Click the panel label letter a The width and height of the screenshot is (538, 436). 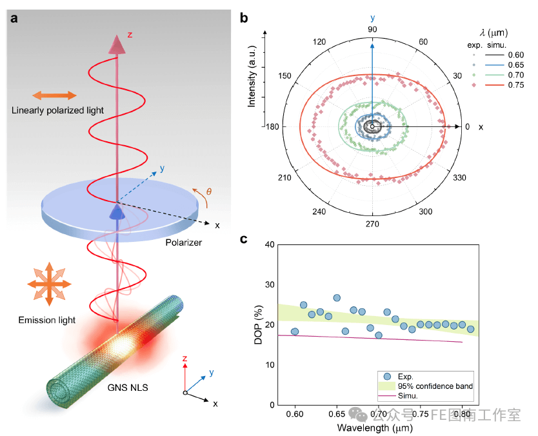pyautogui.click(x=14, y=17)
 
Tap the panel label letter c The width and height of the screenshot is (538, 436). pyautogui.click(x=244, y=240)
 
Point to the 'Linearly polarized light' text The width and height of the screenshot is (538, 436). pyautogui.click(x=57, y=110)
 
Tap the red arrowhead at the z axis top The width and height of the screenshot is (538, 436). pyautogui.click(x=117, y=44)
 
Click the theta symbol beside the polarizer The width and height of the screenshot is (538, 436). pyautogui.click(x=207, y=192)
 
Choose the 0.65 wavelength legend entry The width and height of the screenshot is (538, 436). pyautogui.click(x=515, y=64)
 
